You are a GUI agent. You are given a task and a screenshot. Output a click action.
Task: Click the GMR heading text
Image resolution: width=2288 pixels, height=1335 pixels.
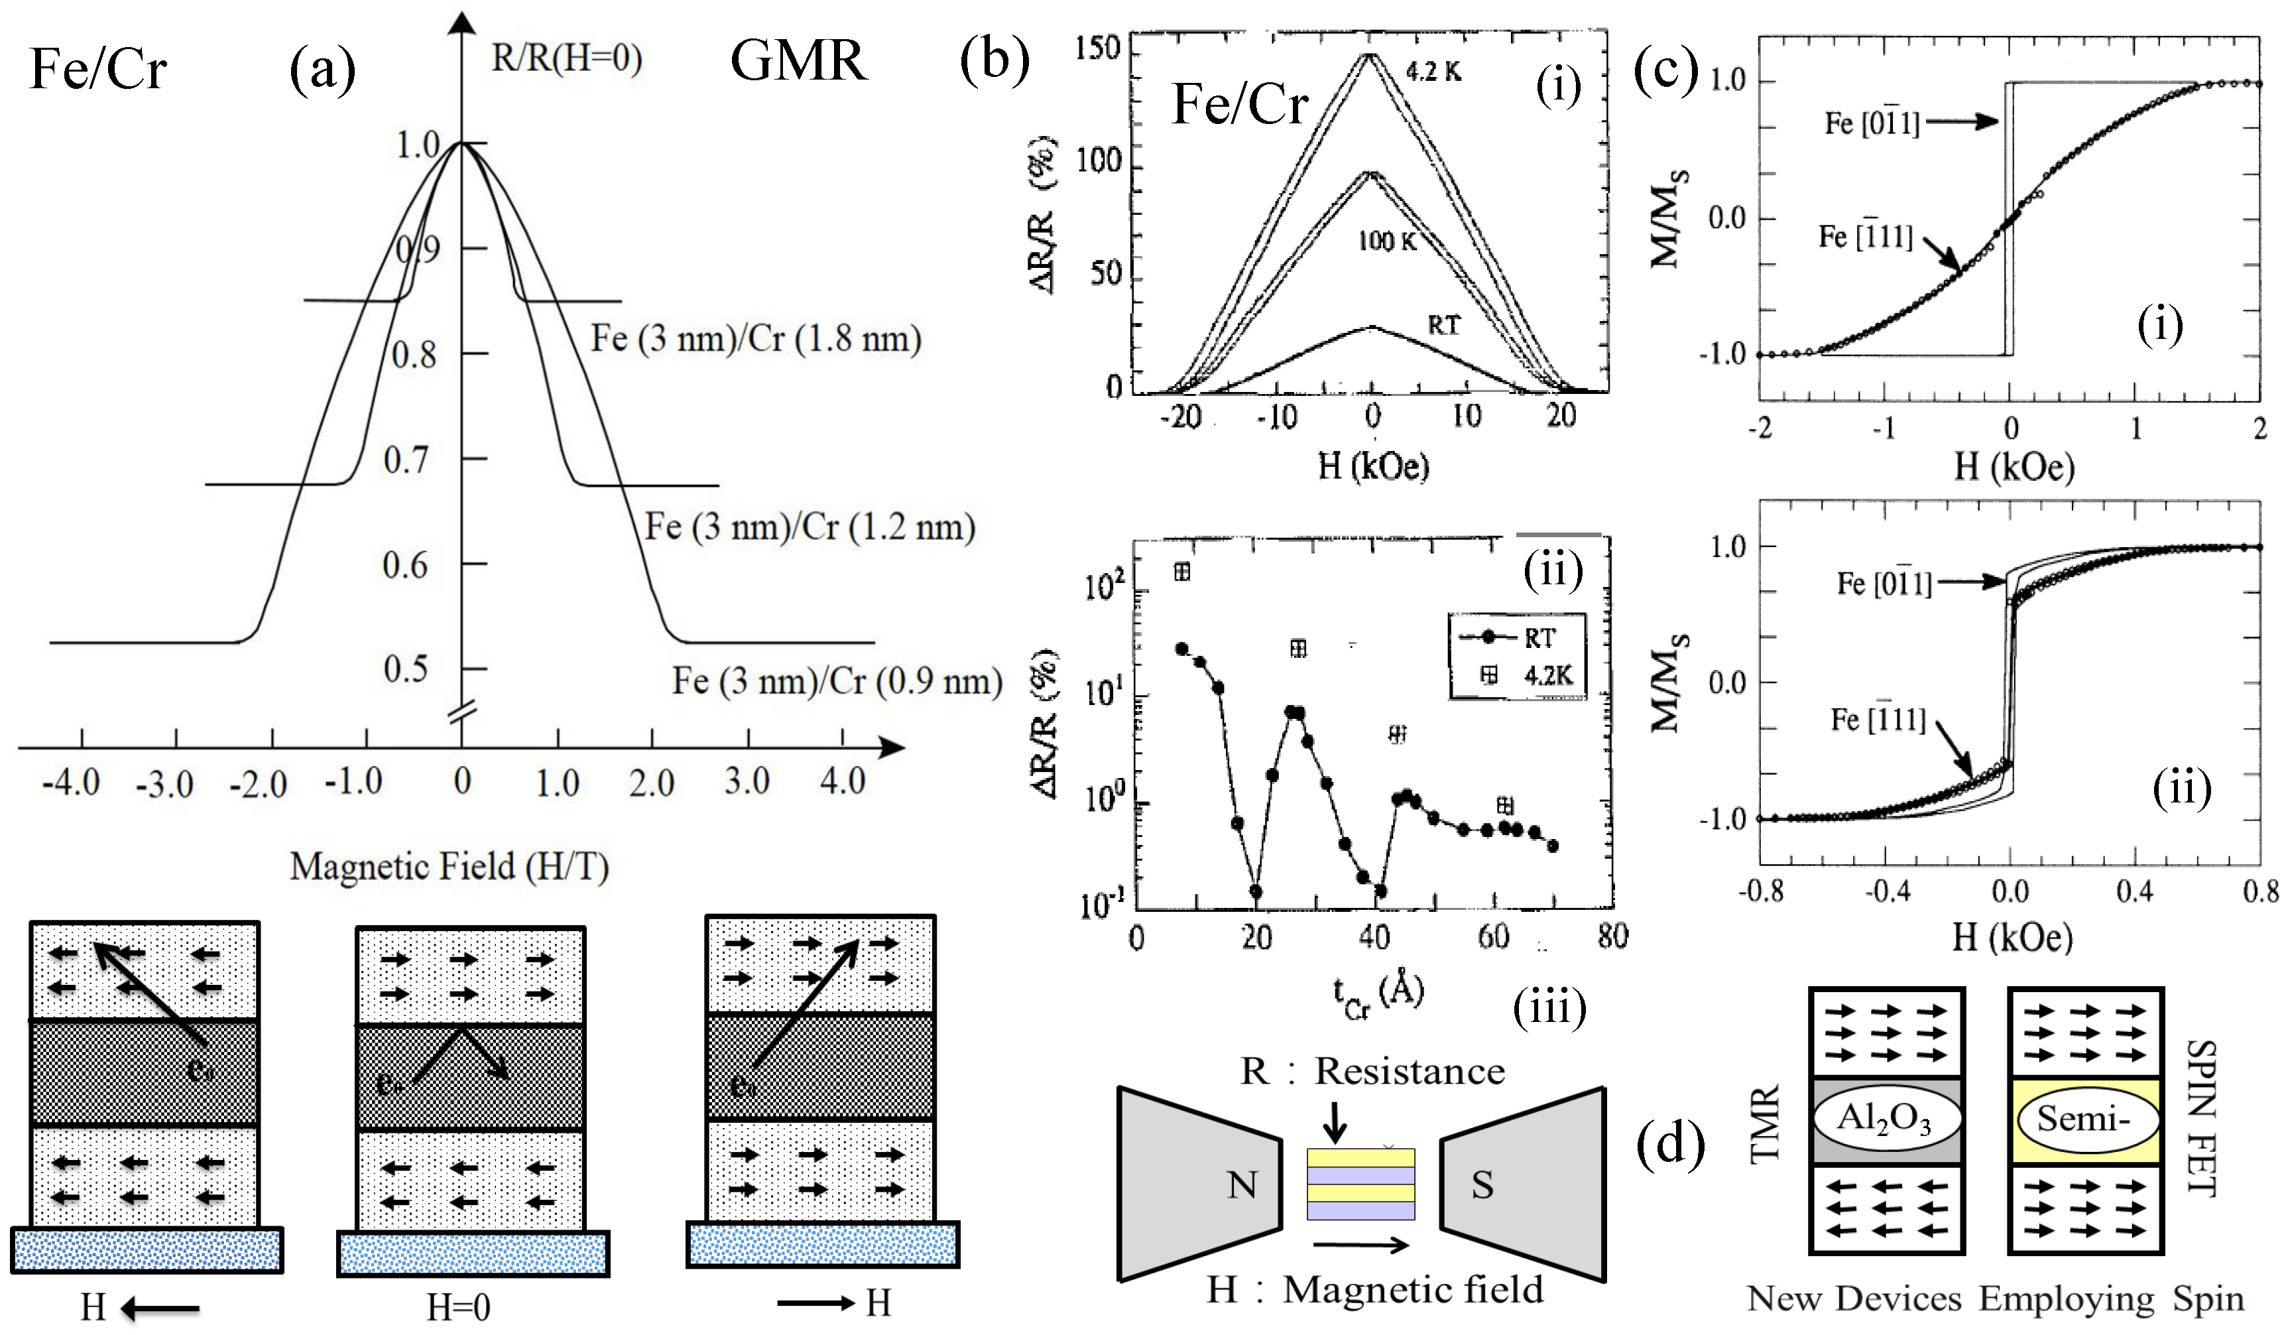[x=798, y=61]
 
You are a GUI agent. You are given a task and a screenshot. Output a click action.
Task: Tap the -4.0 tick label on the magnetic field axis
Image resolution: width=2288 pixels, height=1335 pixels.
[x=71, y=782]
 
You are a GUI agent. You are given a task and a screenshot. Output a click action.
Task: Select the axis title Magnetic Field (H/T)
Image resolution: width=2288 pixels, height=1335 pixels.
[x=450, y=866]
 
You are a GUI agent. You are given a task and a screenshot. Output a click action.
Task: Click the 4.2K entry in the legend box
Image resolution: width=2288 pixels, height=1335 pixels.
[x=1548, y=674]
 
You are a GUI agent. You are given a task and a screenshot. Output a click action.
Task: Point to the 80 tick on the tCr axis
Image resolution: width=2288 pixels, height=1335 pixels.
[x=1612, y=935]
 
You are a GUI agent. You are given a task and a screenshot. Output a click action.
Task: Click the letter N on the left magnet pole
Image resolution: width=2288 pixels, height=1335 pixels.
[x=1242, y=1185]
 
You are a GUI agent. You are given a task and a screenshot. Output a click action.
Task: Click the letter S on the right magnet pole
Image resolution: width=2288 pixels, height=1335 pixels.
[x=1482, y=1185]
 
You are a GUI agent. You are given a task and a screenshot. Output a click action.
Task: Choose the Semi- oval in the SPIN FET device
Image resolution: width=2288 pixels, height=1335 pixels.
[x=2084, y=1119]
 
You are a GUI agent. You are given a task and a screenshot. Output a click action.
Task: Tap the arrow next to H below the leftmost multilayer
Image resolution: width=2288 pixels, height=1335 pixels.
[x=160, y=1308]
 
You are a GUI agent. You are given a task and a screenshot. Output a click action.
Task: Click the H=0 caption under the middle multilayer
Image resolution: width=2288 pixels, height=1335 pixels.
[x=459, y=1308]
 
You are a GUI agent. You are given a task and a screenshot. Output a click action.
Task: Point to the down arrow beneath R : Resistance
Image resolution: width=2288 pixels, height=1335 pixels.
[x=1334, y=1121]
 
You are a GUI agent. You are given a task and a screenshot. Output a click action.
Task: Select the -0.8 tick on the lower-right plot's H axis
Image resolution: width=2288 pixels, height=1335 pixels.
[x=1762, y=892]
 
